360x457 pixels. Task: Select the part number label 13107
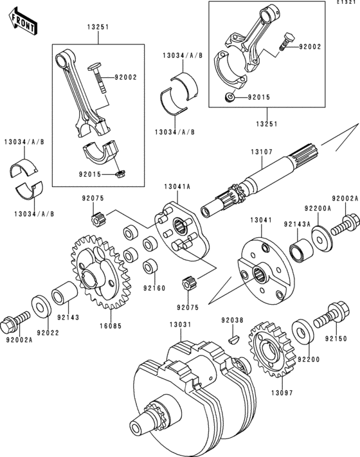pos(262,152)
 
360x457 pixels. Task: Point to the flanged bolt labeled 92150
pos(331,314)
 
